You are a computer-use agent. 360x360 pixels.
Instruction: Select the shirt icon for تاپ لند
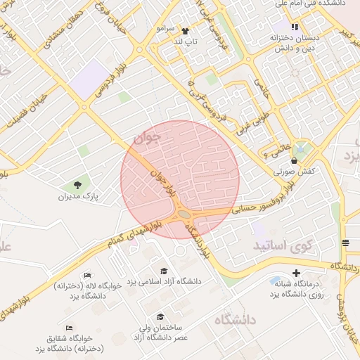pyautogui.click(x=186, y=31)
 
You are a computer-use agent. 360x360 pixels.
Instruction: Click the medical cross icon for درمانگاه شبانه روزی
pyautogui.click(x=295, y=273)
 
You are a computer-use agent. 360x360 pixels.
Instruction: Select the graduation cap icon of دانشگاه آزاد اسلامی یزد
pyautogui.click(x=164, y=271)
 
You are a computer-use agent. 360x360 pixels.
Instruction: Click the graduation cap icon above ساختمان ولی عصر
pyautogui.click(x=160, y=317)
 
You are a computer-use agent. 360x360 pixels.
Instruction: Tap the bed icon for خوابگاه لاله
pyautogui.click(x=87, y=276)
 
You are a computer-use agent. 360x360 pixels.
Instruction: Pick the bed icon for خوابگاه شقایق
pyautogui.click(x=69, y=328)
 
